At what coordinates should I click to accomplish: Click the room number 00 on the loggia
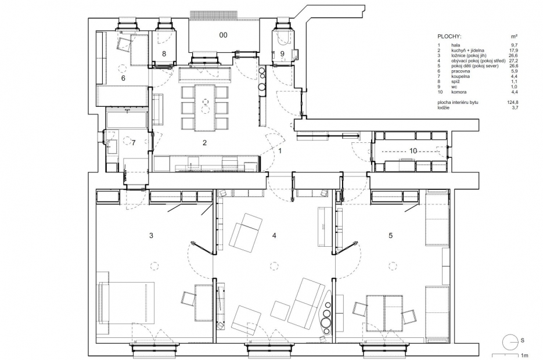224,35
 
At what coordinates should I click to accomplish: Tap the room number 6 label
123,78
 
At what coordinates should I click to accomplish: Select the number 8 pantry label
164,53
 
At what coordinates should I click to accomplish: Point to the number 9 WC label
282,53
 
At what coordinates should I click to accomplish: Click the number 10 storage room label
413,151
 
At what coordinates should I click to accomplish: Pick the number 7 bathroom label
134,143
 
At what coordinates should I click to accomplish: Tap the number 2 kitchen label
204,143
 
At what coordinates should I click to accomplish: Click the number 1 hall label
280,151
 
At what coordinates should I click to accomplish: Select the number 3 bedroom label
151,236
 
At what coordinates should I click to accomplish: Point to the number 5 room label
391,236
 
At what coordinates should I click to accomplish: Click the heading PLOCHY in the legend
449,37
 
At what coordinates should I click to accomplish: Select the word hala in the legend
456,45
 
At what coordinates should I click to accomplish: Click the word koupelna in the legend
460,76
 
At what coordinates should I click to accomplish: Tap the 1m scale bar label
525,355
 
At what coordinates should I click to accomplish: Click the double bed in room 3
127,303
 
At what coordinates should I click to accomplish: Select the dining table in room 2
206,108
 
